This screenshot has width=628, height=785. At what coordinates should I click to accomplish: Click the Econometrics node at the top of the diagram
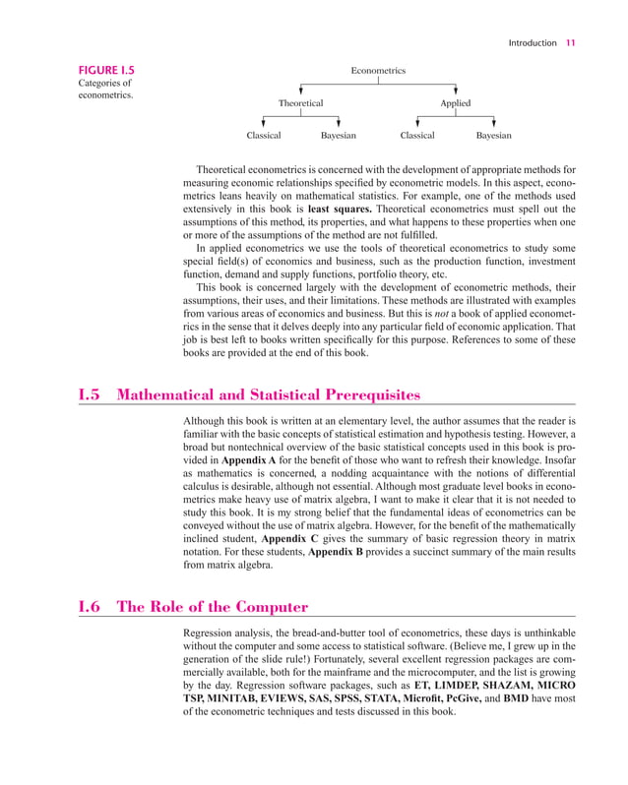378,71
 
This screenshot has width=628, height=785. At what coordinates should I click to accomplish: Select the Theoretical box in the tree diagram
300,103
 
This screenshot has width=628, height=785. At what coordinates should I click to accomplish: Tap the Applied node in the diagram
455,103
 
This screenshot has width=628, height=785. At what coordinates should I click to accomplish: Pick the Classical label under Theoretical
263,136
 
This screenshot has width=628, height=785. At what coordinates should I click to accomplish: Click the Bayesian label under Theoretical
339,136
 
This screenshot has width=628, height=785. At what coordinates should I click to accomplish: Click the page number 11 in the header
571,42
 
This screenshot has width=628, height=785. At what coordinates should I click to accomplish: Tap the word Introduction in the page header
533,42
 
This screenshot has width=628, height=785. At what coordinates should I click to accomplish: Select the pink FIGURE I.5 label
107,71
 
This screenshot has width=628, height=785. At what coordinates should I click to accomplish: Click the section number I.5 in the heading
92,395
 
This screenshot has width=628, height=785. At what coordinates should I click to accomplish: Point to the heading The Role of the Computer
213,607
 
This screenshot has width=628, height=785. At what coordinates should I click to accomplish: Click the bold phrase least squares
339,210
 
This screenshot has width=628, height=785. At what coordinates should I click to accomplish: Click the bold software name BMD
517,697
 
